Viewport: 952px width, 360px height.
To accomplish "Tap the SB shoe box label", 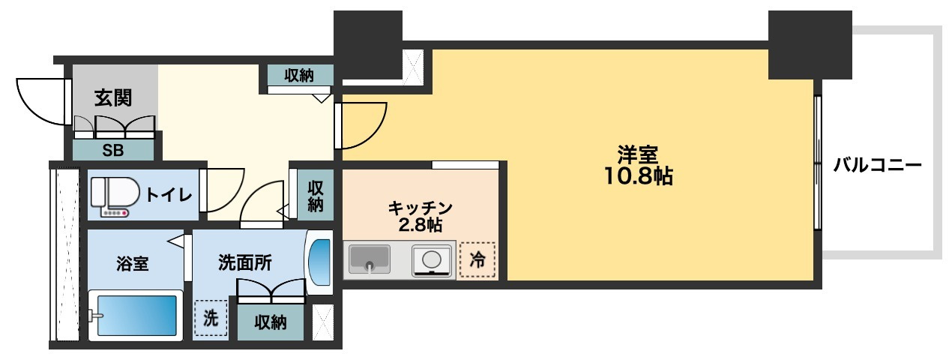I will click(113, 149).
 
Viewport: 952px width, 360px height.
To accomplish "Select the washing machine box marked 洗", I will click(211, 318).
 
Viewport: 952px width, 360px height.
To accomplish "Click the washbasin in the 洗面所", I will click(319, 263).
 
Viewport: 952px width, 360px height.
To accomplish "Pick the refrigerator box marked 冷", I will click(477, 259).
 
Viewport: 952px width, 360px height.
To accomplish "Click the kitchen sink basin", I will click(369, 259).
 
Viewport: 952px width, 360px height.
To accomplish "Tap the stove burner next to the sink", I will click(433, 260).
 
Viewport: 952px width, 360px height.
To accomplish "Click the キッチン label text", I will click(420, 207).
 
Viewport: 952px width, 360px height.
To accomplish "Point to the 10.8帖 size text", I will click(639, 177).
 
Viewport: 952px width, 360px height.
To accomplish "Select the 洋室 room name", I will click(638, 155).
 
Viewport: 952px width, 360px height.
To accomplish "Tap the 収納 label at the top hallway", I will click(299, 75).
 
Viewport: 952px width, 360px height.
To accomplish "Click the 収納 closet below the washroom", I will click(271, 322).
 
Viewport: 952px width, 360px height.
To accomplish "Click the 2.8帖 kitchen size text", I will click(420, 224).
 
